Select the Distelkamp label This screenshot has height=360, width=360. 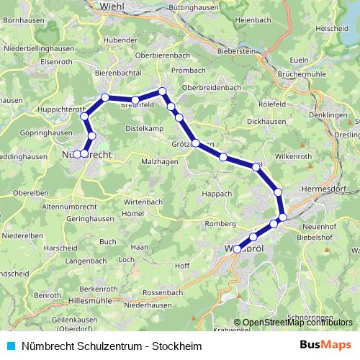(x=144, y=129)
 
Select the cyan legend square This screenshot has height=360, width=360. (x=11, y=346)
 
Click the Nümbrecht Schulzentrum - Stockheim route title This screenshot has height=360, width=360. (x=102, y=346)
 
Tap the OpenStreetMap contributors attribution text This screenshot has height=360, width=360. (x=296, y=322)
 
